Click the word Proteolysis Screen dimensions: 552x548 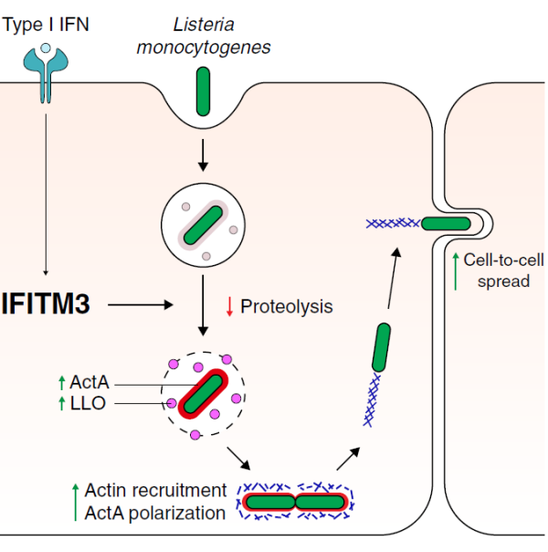(286, 306)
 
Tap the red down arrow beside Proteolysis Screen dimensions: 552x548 (228, 306)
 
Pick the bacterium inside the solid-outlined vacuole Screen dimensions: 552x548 (203, 226)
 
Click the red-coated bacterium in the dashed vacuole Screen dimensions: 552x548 (202, 393)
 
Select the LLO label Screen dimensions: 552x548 (88, 403)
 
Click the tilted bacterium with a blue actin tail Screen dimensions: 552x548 (381, 348)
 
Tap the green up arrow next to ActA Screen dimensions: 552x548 (60, 383)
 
